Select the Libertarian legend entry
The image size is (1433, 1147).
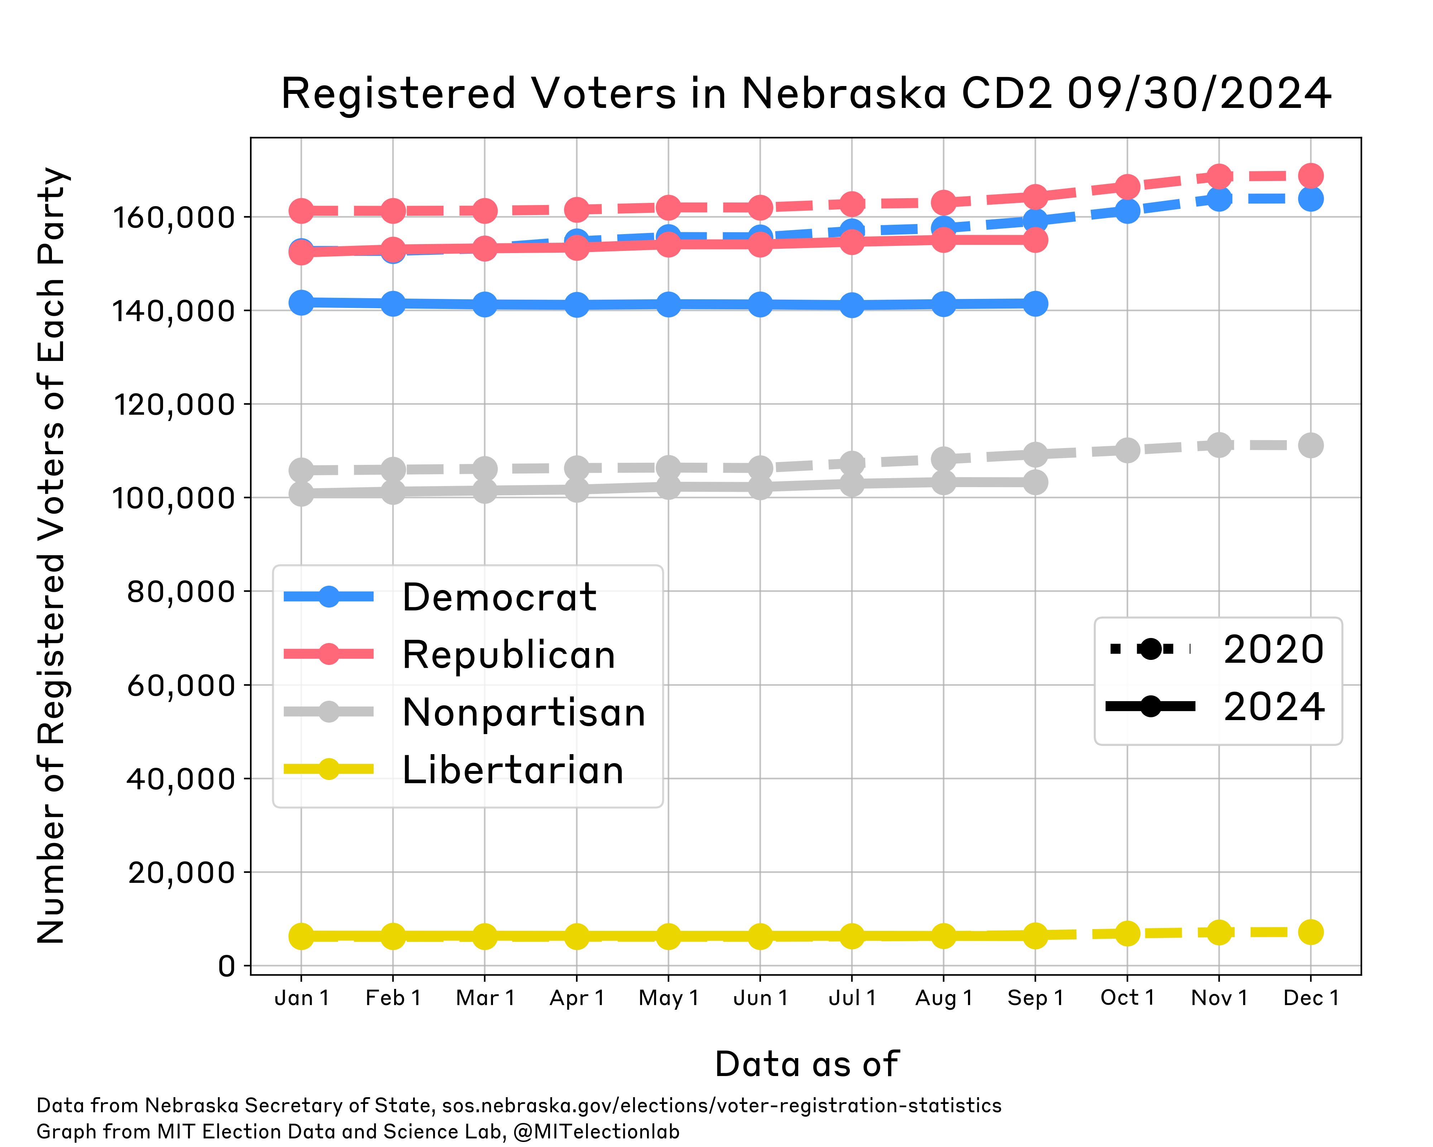click(512, 770)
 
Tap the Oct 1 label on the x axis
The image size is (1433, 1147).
click(1127, 998)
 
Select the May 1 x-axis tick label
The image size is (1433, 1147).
click(668, 998)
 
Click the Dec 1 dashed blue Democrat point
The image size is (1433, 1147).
click(1310, 198)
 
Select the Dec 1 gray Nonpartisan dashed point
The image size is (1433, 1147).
click(1310, 446)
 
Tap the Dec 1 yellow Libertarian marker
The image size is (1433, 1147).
click(1310, 932)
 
